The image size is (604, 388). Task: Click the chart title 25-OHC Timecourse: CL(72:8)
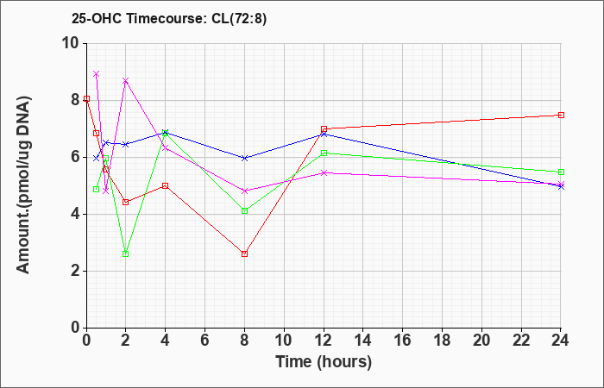click(x=169, y=19)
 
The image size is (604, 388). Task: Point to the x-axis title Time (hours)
click(x=324, y=362)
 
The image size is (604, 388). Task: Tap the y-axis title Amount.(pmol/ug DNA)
click(x=24, y=185)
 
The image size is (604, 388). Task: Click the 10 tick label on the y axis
click(x=74, y=43)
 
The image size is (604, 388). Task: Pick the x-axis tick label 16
click(x=403, y=340)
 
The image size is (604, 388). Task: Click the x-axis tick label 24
click(x=560, y=340)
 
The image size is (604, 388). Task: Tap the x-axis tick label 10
click(x=284, y=340)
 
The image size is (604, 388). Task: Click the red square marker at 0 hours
click(x=87, y=99)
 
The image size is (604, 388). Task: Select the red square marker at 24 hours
click(x=561, y=115)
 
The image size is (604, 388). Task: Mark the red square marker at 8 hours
click(x=244, y=254)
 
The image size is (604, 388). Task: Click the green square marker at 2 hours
click(x=126, y=254)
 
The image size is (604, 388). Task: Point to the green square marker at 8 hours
click(x=244, y=211)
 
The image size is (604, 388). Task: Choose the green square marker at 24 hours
click(x=561, y=172)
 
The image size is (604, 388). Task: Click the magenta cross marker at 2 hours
click(x=126, y=81)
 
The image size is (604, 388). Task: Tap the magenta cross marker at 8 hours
click(x=244, y=191)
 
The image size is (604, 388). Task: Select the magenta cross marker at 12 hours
click(x=324, y=172)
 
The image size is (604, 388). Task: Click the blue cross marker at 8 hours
click(x=244, y=158)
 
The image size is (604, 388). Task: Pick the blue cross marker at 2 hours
click(x=126, y=144)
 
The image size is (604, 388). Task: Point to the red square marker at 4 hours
click(x=166, y=186)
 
